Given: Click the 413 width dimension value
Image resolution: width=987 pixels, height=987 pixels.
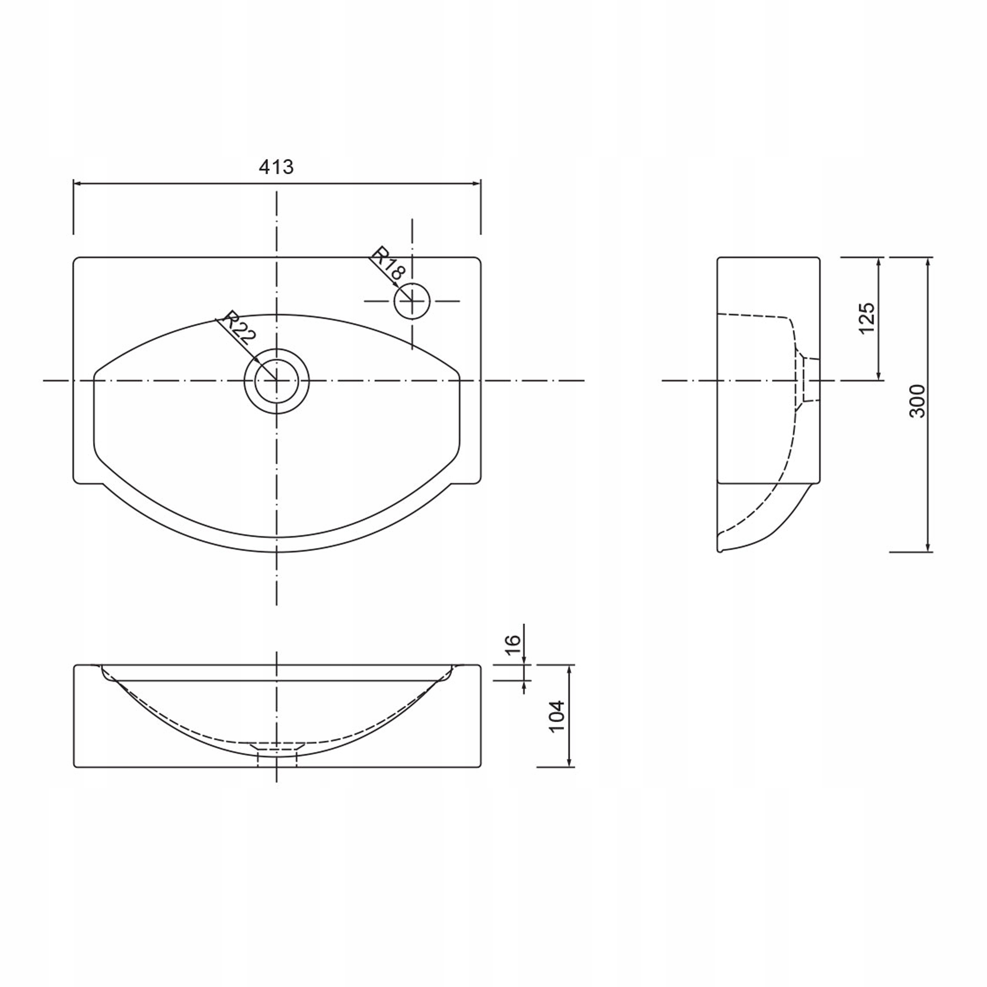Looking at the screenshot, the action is pos(276,167).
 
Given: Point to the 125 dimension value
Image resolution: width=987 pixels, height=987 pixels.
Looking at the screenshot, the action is pos(867,318).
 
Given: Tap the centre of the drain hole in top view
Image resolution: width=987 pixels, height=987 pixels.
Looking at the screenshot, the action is pos(276,381).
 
